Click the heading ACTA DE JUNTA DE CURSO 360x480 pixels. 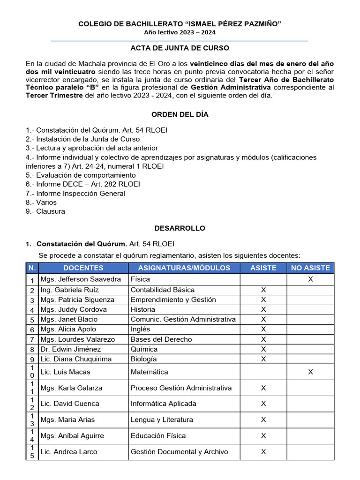point(180,48)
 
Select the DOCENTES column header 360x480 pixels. point(83,268)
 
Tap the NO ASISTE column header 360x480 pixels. point(310,268)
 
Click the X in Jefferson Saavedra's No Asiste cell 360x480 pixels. point(310,279)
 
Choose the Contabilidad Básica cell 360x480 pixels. point(162,290)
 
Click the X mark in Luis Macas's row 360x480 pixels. point(310,372)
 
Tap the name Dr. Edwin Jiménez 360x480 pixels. point(71,349)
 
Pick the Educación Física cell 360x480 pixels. point(158,436)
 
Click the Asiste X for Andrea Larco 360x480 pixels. point(263,452)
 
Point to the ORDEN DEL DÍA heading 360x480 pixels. point(180,114)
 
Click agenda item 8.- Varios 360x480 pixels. point(41,202)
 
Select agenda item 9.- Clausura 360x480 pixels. point(45,211)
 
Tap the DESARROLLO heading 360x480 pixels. point(180,228)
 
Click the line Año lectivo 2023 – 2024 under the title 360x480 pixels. point(180,32)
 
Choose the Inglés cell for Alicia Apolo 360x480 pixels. point(141,330)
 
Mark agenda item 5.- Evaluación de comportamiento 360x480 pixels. point(81,175)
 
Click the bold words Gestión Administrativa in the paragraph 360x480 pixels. point(231,88)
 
